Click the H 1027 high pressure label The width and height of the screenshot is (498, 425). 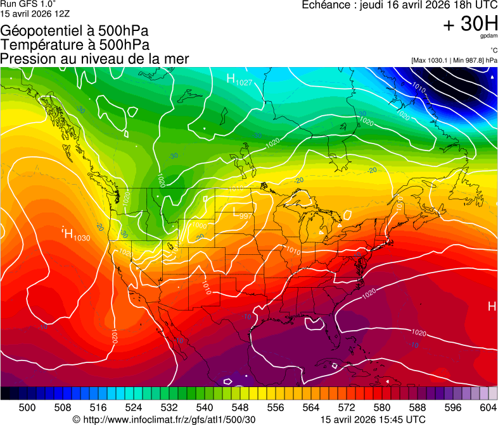(239, 79)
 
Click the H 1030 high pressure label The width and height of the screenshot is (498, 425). (76, 235)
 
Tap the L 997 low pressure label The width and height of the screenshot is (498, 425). (243, 214)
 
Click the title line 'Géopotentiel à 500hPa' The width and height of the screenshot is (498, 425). (75, 31)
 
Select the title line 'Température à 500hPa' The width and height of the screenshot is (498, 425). (75, 45)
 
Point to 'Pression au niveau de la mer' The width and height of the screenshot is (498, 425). (94, 59)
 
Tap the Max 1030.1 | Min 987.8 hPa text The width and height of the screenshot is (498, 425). (454, 60)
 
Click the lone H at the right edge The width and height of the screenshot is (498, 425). (492, 307)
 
